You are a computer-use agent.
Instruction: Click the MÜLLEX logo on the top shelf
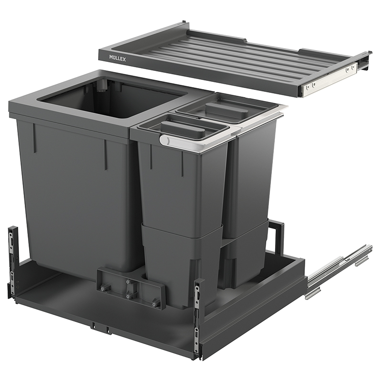coord(118,58)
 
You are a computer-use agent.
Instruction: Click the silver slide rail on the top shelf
coord(328,77)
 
